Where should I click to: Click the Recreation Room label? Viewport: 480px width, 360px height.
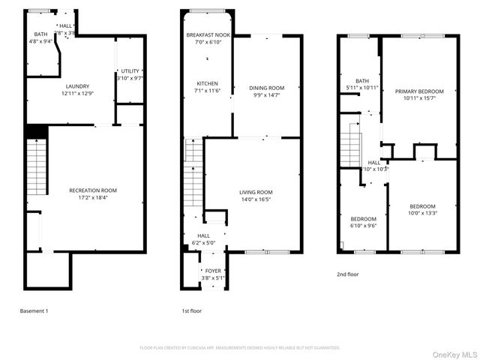[93, 190]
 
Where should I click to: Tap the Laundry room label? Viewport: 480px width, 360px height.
[77, 86]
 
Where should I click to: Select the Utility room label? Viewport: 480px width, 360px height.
[130, 71]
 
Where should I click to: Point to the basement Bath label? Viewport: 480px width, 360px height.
[40, 34]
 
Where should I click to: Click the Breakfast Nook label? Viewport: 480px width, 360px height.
[208, 35]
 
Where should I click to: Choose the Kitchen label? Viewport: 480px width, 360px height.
[207, 83]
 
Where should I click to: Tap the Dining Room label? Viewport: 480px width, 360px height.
[267, 88]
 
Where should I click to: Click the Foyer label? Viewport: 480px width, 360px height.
[214, 271]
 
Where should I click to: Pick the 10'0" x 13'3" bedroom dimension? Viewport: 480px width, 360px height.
[422, 213]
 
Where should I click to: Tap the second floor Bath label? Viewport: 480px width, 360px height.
[362, 81]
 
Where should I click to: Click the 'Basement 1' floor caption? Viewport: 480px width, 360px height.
[34, 310]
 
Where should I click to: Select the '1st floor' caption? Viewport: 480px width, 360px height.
[191, 310]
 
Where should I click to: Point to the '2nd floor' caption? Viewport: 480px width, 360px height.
[347, 274]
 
